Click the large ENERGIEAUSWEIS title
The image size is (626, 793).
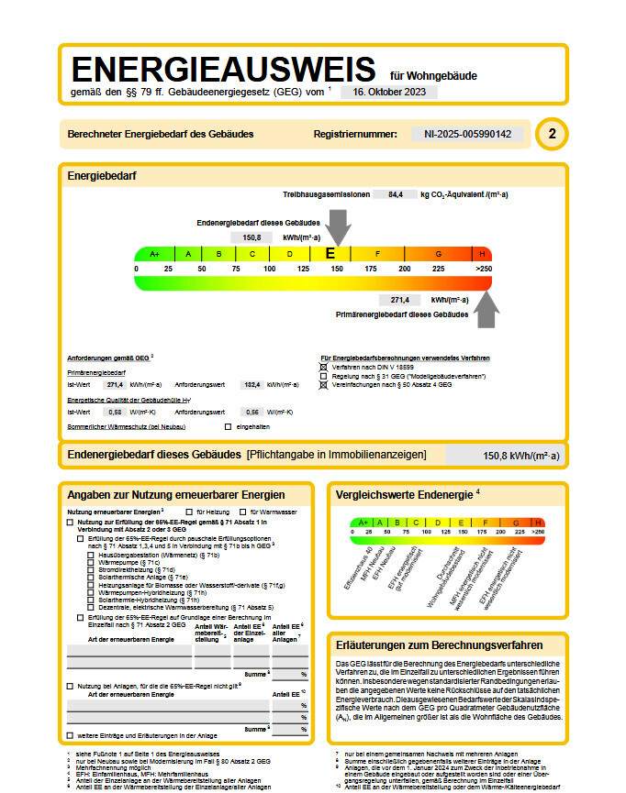click(x=223, y=72)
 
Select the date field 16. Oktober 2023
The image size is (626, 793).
click(x=389, y=92)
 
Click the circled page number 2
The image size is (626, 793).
click(x=552, y=134)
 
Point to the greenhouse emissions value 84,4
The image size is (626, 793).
click(x=396, y=194)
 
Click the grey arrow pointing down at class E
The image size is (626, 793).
click(x=338, y=226)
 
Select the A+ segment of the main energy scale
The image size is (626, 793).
click(x=154, y=254)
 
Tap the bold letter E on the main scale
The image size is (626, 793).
click(x=330, y=254)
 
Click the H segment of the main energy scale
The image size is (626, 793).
click(x=482, y=254)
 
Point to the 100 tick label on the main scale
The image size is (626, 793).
click(x=270, y=269)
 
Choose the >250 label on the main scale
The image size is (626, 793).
click(x=483, y=269)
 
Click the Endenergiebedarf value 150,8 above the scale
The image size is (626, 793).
click(x=251, y=237)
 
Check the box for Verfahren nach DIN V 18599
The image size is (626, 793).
click(x=322, y=367)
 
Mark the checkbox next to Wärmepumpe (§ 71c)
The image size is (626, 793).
click(x=90, y=562)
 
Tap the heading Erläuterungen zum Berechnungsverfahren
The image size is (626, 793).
click(x=440, y=645)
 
